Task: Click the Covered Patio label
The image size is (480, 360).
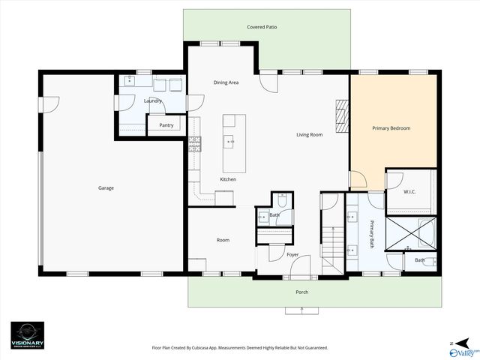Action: (x=262, y=27)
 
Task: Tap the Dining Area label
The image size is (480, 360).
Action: (x=226, y=82)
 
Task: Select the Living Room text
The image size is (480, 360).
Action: (x=309, y=135)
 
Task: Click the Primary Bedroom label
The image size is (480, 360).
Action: (x=391, y=128)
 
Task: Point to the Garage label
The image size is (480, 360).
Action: (x=106, y=187)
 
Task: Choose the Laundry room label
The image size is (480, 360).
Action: (x=153, y=100)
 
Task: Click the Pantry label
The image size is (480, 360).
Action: (x=166, y=125)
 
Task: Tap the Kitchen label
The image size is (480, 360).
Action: (x=228, y=180)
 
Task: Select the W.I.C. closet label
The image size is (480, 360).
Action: (x=409, y=191)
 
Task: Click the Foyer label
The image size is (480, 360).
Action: (x=293, y=255)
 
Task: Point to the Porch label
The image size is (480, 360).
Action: (x=301, y=292)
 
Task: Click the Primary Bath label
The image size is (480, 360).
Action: (x=371, y=233)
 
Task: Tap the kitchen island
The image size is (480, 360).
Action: (x=234, y=141)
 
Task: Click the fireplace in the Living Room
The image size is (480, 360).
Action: (x=342, y=115)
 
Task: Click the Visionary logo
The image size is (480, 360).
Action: (x=27, y=334)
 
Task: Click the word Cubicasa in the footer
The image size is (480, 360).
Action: (x=224, y=348)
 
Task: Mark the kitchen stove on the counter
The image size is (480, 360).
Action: (x=195, y=144)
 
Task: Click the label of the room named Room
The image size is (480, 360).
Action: (x=223, y=240)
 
